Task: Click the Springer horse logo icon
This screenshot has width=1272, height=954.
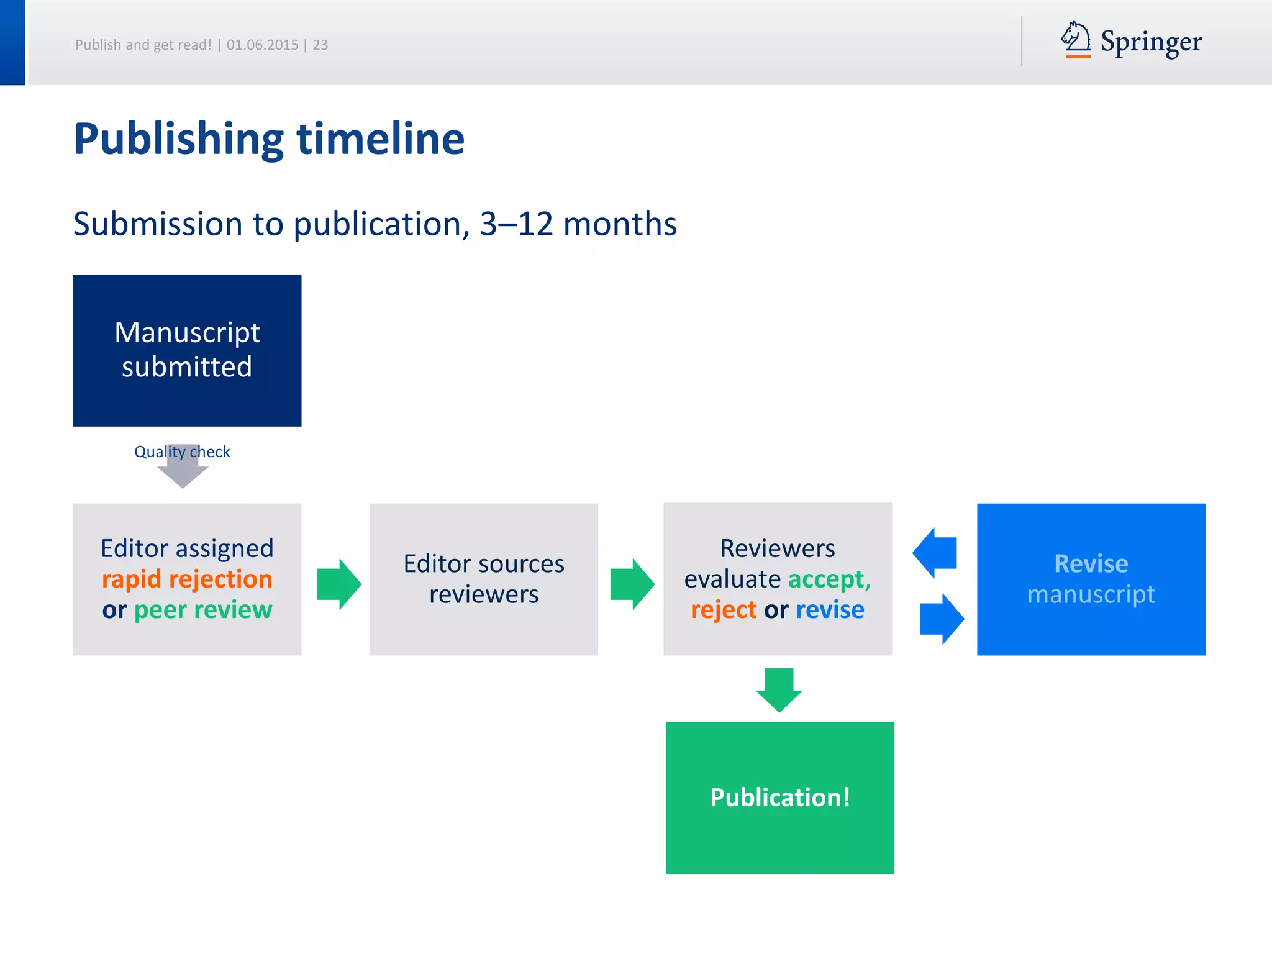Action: coord(1076,39)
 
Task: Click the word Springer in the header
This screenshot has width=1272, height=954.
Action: coord(1151,42)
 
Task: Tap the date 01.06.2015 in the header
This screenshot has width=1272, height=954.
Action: coord(262,45)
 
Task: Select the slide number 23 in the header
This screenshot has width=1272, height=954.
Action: coord(320,45)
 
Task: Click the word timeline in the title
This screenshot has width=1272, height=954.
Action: coord(380,139)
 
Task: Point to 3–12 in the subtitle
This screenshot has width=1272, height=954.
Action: coord(516,224)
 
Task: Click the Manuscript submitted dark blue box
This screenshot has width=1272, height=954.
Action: coord(187,350)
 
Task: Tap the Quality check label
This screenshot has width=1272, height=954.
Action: coord(182,452)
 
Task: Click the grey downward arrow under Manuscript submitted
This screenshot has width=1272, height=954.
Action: coord(183,475)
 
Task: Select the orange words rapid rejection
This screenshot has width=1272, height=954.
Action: coord(187,579)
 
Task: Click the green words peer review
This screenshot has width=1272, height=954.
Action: coord(203,609)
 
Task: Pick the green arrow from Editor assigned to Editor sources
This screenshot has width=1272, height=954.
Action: coord(338,584)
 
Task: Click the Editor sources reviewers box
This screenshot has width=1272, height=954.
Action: coord(483,579)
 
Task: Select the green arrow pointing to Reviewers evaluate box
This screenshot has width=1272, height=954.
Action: coord(632,584)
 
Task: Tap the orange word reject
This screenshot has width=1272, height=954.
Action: coord(724,609)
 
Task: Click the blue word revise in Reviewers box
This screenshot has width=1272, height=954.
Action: coord(830,609)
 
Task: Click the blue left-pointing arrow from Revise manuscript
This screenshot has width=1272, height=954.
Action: coord(935,553)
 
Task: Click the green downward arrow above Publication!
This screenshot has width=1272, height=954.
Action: coord(779,689)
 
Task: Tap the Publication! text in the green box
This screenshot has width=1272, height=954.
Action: coord(780,797)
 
